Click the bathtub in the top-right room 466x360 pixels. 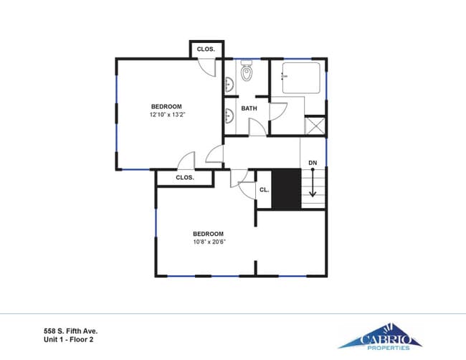(301, 78)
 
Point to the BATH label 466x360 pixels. (249, 108)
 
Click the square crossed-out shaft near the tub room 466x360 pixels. (315, 125)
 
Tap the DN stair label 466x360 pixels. (313, 163)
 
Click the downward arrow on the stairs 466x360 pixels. (313, 184)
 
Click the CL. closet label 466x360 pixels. (264, 190)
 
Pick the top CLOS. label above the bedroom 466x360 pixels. (206, 49)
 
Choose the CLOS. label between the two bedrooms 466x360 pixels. (185, 177)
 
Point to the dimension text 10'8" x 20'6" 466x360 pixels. (208, 242)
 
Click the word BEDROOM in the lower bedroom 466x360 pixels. (208, 234)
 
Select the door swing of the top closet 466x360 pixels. (206, 67)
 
